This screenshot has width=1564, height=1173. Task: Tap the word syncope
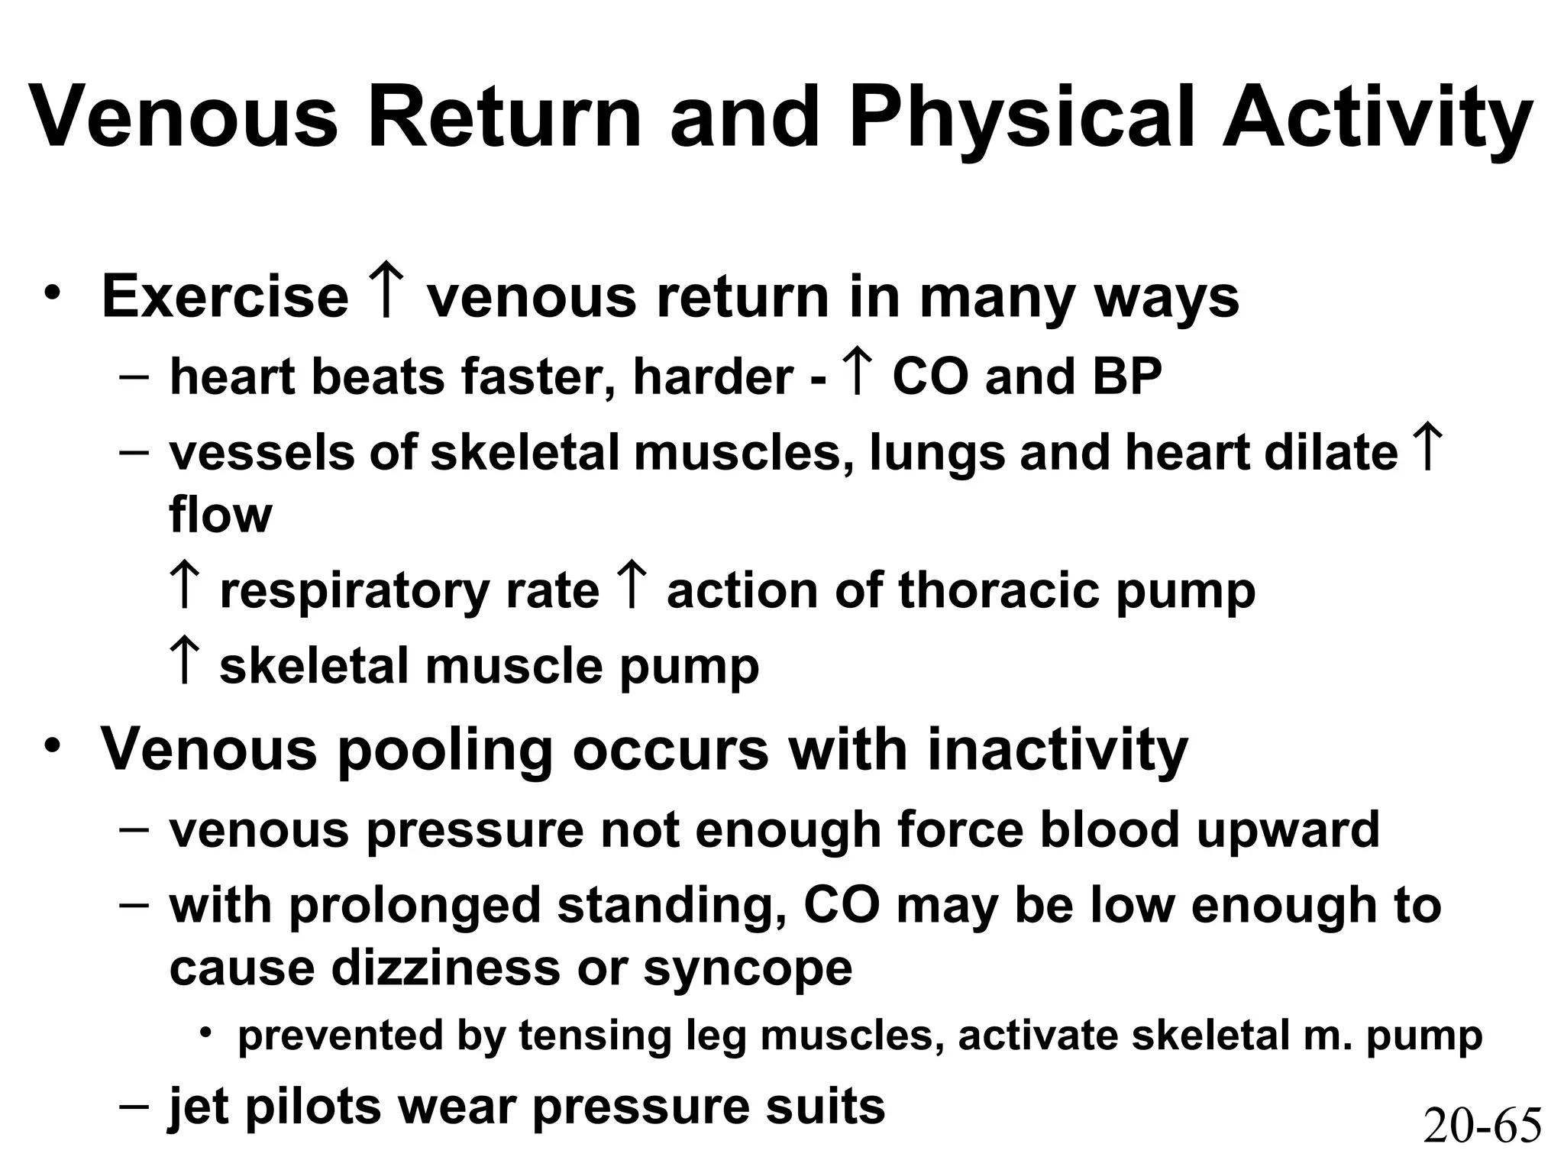click(748, 968)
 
